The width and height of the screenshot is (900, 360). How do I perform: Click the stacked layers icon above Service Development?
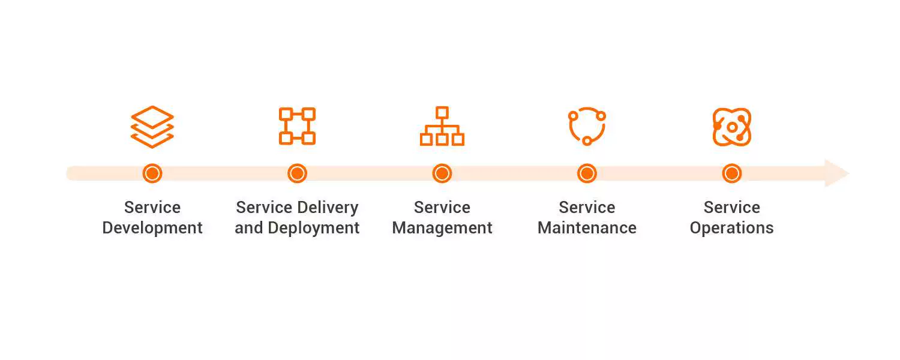click(152, 127)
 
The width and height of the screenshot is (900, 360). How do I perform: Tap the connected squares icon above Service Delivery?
click(297, 126)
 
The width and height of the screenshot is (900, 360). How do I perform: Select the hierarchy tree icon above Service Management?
click(442, 126)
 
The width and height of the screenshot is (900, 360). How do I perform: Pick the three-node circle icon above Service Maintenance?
click(587, 126)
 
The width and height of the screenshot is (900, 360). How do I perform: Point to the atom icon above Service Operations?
click(732, 127)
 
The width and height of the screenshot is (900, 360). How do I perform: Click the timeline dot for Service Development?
click(152, 173)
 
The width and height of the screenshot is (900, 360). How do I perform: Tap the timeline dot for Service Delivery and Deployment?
click(297, 173)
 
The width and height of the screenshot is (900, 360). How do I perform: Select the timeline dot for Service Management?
click(442, 173)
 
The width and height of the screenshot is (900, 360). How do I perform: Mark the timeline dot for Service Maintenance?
click(587, 173)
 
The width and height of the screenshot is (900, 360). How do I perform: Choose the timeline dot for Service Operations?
click(731, 173)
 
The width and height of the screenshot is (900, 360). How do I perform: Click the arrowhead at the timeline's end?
click(836, 173)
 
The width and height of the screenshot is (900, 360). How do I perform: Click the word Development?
click(152, 229)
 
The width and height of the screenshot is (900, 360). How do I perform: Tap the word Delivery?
click(331, 208)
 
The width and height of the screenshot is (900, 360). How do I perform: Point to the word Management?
click(442, 229)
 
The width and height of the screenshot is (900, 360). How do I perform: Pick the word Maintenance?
click(587, 228)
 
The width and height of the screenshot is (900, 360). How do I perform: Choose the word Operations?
click(731, 229)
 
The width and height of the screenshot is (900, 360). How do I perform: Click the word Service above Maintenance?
click(587, 208)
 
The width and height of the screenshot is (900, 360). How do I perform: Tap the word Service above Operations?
click(731, 208)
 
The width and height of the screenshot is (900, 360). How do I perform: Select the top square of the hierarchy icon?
click(442, 112)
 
